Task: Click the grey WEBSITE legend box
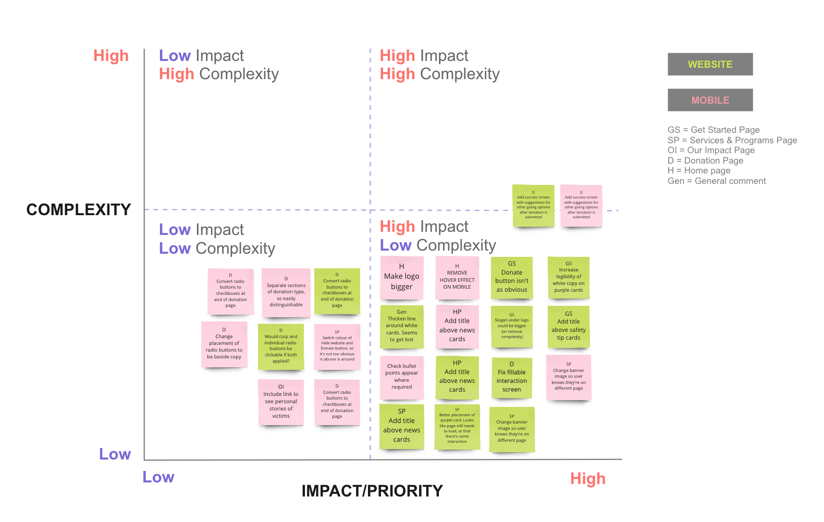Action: tap(710, 64)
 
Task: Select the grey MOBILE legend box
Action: tap(710, 100)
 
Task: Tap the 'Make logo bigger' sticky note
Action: tap(401, 278)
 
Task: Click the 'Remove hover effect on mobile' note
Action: tap(457, 278)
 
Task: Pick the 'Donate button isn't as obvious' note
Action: tap(511, 278)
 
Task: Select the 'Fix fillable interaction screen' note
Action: tap(511, 378)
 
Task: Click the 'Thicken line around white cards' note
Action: tap(401, 327)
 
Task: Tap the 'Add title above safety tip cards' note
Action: tap(569, 327)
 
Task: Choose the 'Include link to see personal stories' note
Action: tap(280, 402)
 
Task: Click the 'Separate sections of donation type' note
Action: tap(286, 293)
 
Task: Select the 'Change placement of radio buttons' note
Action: tap(224, 344)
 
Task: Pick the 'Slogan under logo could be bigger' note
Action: tap(511, 327)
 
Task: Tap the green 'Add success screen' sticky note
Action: tap(533, 206)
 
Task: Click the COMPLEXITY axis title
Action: tap(79, 209)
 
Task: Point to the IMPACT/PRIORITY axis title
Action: tap(372, 491)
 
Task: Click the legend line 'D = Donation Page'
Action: tap(705, 160)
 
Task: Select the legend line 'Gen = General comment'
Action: tap(717, 181)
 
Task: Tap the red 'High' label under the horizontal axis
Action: tap(587, 478)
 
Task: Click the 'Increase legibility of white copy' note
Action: tap(569, 278)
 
